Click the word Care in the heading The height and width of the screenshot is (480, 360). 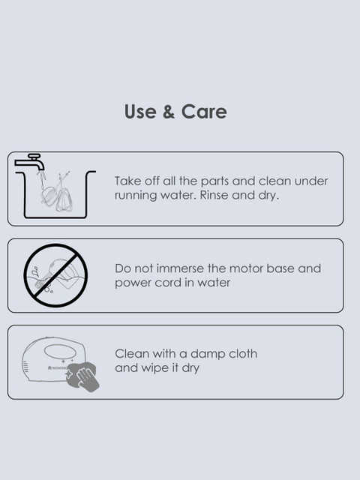(204, 112)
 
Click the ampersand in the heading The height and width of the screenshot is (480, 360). (169, 112)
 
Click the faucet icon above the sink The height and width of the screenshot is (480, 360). (30, 162)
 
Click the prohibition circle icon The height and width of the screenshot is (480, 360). (55, 275)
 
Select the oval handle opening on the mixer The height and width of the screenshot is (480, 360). (60, 351)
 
